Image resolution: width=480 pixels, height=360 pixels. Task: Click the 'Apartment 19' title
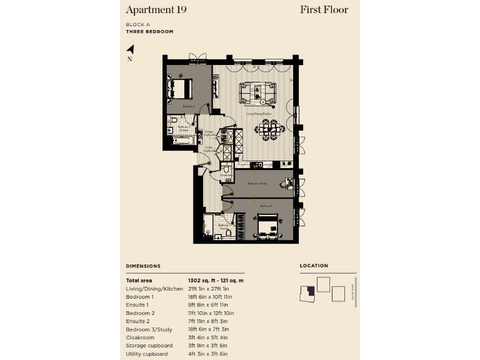156,9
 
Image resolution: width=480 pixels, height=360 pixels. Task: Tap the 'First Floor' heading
324,9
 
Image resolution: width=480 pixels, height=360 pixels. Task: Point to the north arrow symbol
130,50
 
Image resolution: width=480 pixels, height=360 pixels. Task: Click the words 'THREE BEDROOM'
149,31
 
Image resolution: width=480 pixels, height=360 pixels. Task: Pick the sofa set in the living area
258,92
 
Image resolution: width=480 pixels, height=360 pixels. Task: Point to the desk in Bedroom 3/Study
289,183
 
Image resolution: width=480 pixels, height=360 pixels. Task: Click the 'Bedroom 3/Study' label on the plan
257,184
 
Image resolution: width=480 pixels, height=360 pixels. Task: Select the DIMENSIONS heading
143,266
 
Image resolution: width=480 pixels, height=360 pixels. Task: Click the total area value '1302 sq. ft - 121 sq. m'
216,281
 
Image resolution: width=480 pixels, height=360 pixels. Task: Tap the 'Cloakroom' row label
140,337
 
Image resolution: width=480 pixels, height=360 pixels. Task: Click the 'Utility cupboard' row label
147,354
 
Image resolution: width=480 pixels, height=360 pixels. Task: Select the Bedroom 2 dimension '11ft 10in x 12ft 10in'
211,313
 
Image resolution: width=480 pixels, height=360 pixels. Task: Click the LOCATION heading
314,266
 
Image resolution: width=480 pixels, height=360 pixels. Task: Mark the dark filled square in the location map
307,292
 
